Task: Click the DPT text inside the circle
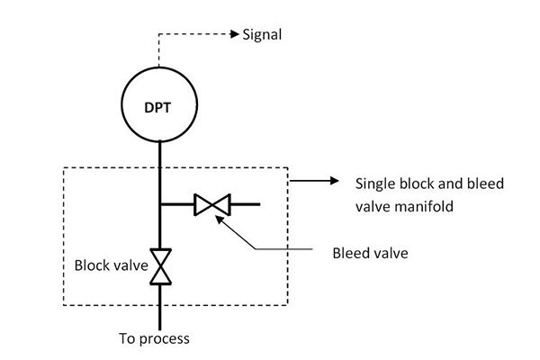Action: click(157, 107)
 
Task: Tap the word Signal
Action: click(262, 35)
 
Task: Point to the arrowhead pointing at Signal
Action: click(235, 34)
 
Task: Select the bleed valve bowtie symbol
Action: click(212, 204)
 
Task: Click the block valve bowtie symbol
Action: click(160, 266)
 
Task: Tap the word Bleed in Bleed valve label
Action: click(348, 253)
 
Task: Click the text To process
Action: click(154, 339)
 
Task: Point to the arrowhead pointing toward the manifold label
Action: click(335, 181)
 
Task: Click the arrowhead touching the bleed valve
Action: click(219, 219)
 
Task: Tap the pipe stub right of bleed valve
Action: click(245, 204)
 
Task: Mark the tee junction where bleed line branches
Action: click(160, 204)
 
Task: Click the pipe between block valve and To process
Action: click(160, 307)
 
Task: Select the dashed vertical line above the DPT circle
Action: click(158, 50)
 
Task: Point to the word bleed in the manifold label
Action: click(485, 184)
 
